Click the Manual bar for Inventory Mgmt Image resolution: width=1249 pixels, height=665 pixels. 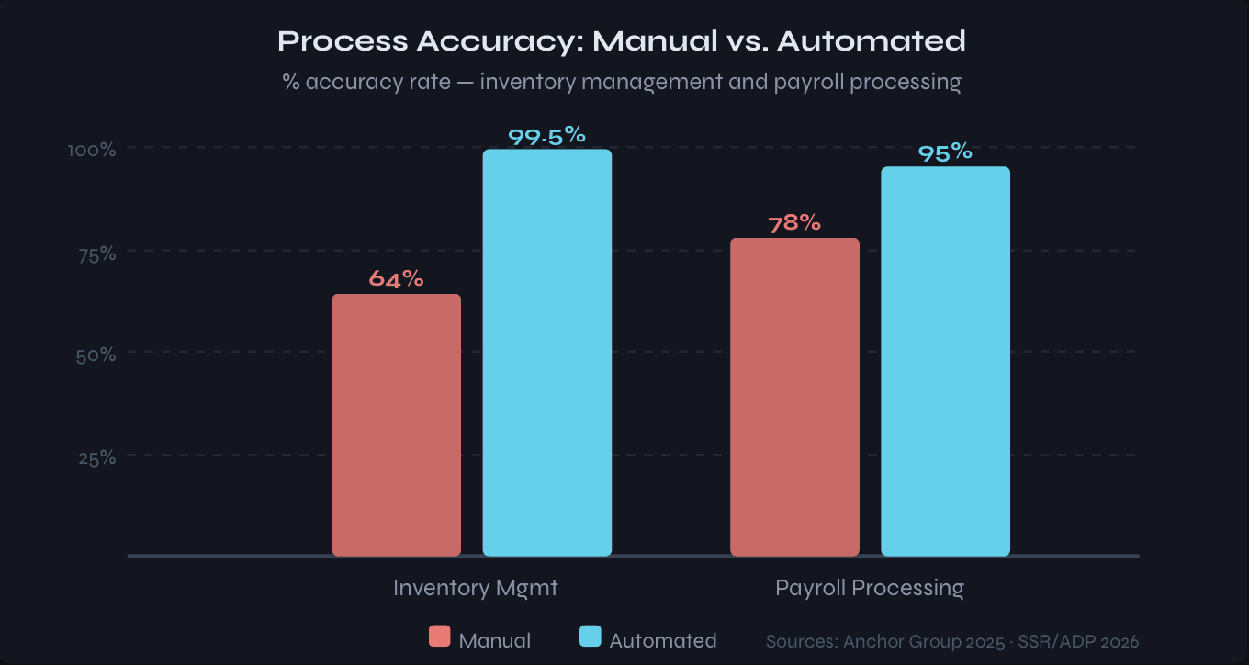click(x=396, y=425)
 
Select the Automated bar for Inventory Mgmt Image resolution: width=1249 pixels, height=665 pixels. click(x=546, y=353)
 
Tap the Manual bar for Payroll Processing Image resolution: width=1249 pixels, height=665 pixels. click(x=794, y=397)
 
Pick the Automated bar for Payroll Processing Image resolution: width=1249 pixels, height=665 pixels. click(x=945, y=361)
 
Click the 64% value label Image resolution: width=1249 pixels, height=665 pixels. click(x=396, y=278)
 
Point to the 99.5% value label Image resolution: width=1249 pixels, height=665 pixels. click(x=546, y=135)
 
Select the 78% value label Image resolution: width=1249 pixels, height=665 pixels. click(x=794, y=222)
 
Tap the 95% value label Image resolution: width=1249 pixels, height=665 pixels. click(x=945, y=152)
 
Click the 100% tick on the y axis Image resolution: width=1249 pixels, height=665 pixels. click(x=92, y=150)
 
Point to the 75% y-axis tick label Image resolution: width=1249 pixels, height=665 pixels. click(x=96, y=253)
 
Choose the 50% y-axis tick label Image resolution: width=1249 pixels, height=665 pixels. click(x=96, y=355)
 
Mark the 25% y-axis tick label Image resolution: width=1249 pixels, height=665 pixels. click(x=96, y=457)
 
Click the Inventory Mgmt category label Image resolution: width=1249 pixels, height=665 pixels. click(x=475, y=588)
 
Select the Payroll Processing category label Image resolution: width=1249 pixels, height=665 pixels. click(x=870, y=588)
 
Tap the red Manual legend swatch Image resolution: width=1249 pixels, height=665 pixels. click(x=440, y=637)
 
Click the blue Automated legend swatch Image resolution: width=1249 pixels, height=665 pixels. click(x=591, y=637)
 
